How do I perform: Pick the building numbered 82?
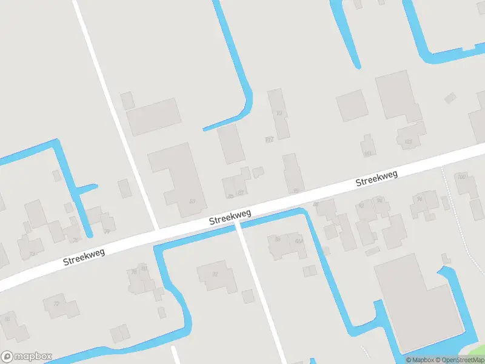tap(215, 274)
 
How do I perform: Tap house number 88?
tap(316, 204)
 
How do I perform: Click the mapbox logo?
tap(27, 357)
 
